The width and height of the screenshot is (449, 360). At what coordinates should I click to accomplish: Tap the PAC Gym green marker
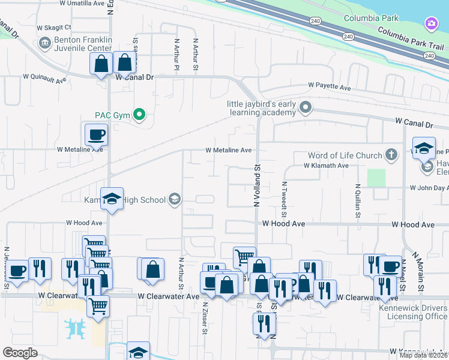140,113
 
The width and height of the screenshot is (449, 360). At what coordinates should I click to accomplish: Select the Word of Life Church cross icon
391,155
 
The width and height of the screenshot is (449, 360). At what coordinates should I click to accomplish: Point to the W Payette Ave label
330,88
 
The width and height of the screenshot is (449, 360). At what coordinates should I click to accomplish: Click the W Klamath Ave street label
326,166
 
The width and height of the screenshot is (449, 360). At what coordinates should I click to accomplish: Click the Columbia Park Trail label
411,39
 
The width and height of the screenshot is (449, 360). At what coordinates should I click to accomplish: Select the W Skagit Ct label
54,28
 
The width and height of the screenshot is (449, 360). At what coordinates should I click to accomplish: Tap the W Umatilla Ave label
82,3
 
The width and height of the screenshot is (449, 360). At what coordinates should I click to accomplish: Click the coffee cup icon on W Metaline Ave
96,135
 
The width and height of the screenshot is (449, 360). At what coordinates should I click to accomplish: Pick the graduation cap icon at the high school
112,200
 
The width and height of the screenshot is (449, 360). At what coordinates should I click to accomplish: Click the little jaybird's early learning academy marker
306,108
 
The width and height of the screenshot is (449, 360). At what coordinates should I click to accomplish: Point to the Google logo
20,353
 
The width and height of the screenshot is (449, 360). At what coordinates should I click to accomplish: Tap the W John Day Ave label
429,188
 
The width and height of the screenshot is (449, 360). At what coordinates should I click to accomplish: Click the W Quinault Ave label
44,77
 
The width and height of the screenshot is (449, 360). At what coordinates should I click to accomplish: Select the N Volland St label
257,187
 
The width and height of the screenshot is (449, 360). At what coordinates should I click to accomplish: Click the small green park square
376,178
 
